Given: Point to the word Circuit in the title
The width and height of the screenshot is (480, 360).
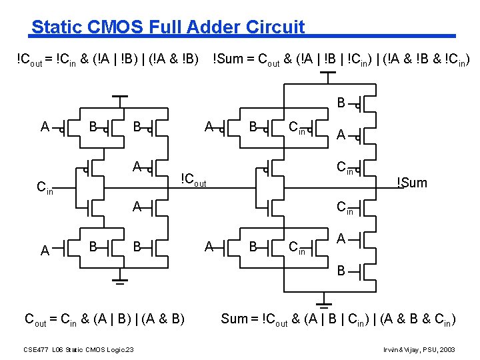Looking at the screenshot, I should [275, 27].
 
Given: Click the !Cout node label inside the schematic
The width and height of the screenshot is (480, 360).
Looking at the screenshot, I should [194, 179].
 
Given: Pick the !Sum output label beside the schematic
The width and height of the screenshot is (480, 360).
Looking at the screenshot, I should [411, 183].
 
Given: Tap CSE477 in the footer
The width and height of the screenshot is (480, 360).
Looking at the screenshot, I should [35, 349].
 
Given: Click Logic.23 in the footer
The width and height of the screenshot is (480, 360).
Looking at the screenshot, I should [120, 349].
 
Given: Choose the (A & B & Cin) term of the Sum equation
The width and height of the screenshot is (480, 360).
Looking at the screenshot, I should [419, 319].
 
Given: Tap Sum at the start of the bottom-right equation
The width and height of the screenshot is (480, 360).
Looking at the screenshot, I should [233, 319].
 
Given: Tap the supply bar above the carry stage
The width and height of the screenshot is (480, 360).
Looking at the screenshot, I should [120, 97].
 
